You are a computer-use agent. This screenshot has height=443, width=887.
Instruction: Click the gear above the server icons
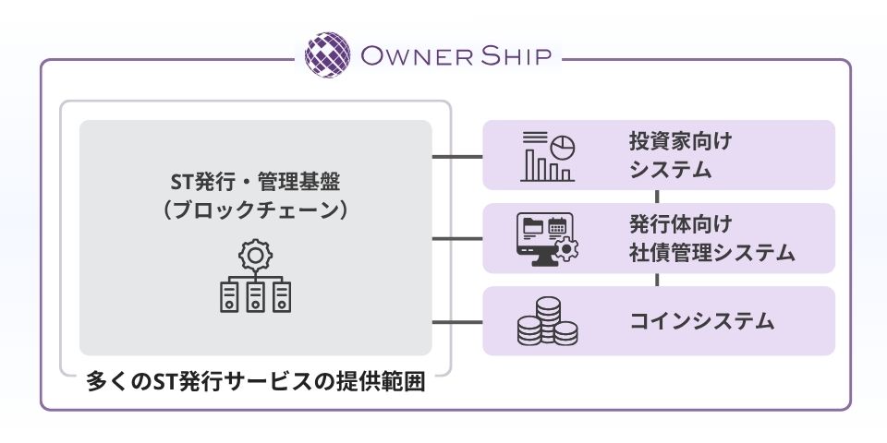click(x=255, y=254)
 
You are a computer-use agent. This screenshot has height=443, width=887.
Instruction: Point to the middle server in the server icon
click(x=255, y=295)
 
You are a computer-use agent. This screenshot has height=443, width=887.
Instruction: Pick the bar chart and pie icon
click(x=549, y=155)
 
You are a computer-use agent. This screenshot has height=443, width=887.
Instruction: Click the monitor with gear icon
click(x=547, y=238)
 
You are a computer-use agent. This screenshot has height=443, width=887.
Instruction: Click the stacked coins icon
click(x=547, y=321)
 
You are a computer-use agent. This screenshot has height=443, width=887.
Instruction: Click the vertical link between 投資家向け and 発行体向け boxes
click(x=658, y=197)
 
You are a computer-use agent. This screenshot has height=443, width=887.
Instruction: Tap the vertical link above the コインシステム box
click(x=658, y=280)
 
